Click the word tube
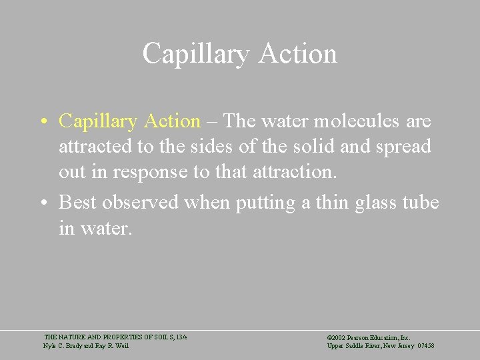click(421, 202)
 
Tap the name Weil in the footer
click(122, 346)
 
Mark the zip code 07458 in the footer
click(425, 346)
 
